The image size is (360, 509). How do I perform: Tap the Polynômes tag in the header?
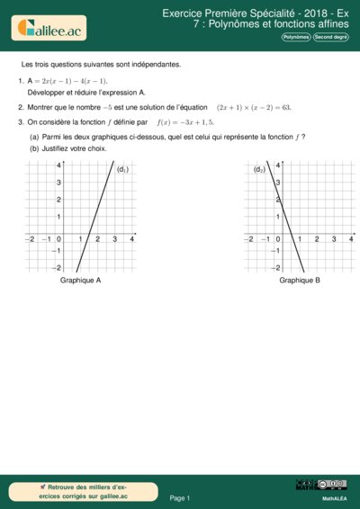click(296, 38)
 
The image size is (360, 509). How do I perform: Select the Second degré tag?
click(330, 38)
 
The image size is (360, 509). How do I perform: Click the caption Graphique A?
click(80, 281)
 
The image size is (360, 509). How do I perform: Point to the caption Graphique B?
click(300, 281)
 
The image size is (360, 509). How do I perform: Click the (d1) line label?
click(123, 169)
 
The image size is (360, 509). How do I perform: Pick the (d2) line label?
click(259, 169)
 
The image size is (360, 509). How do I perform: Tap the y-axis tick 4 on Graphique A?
click(58, 165)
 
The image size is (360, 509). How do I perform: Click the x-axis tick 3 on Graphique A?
click(114, 239)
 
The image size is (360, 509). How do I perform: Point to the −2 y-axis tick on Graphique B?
click(276, 268)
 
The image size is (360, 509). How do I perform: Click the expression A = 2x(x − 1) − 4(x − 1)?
click(68, 81)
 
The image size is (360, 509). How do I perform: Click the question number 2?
click(20, 106)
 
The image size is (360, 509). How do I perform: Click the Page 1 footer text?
click(180, 497)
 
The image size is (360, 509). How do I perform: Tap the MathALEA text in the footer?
click(335, 498)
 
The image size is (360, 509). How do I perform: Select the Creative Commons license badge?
click(321, 485)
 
